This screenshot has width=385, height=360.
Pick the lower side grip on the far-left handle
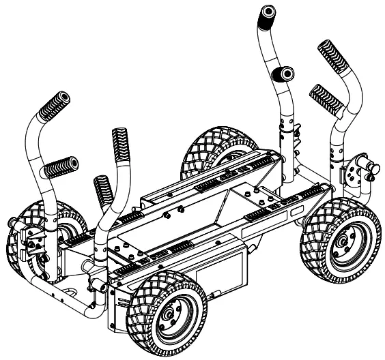pos(60,166)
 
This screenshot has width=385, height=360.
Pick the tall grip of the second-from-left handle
pos(120,146)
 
